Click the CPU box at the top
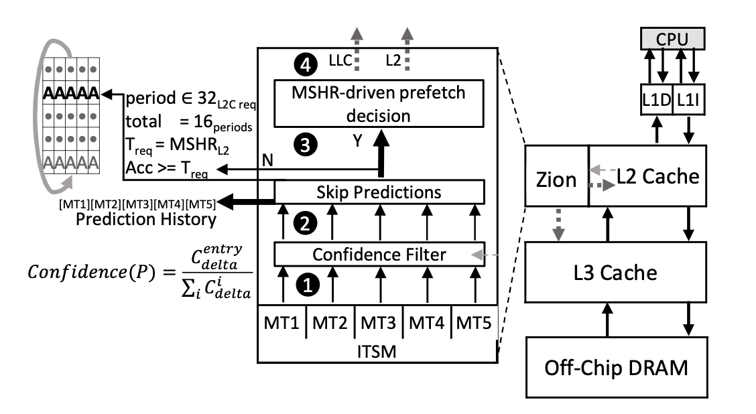coord(672,39)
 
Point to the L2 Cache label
coord(658,177)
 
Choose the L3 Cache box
coord(616,273)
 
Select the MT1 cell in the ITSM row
coord(282,323)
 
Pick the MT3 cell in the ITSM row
coord(379,323)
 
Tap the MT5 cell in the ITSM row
coord(474,323)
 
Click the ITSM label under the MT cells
coord(377,348)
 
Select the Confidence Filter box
coord(379,255)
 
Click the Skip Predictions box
coord(379,192)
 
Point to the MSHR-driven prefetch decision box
coord(379,103)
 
